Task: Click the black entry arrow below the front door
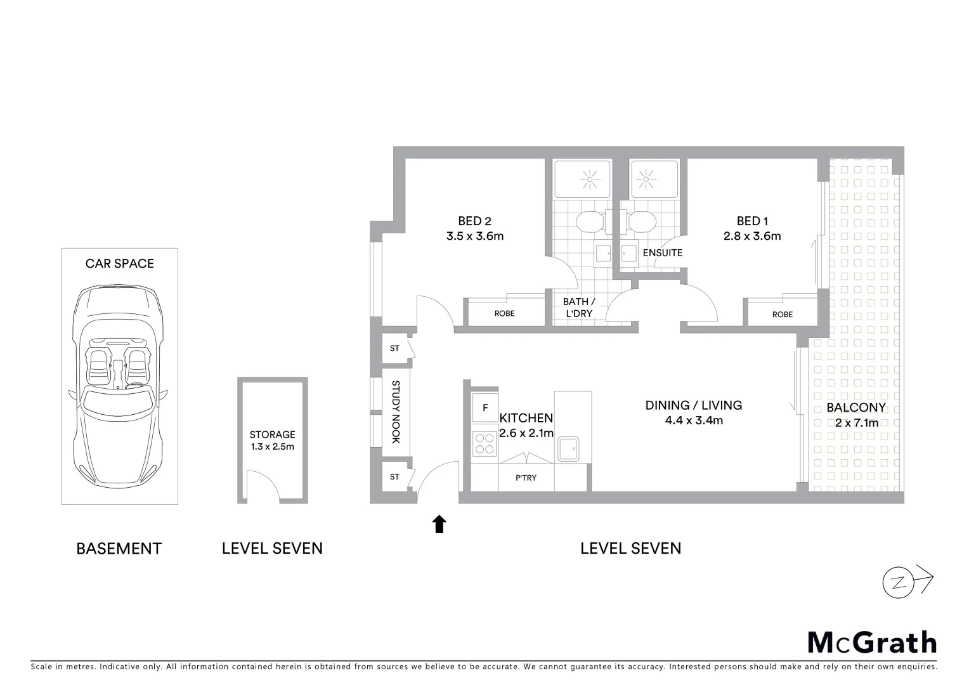click(439, 524)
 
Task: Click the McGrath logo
click(872, 643)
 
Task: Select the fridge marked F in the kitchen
click(485, 408)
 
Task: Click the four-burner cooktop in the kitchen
click(485, 443)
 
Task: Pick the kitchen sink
click(568, 449)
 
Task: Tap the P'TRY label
click(526, 478)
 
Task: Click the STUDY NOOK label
click(395, 412)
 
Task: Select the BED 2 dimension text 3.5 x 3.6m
click(474, 237)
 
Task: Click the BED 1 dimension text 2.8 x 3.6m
click(752, 237)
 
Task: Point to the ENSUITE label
click(662, 252)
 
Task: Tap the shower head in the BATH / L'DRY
click(590, 180)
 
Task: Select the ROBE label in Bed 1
click(782, 315)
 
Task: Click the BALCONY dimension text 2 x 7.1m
click(855, 423)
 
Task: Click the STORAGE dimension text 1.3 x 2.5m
click(272, 447)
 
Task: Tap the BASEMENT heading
click(119, 549)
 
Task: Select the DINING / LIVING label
click(693, 405)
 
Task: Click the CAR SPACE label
click(119, 263)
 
